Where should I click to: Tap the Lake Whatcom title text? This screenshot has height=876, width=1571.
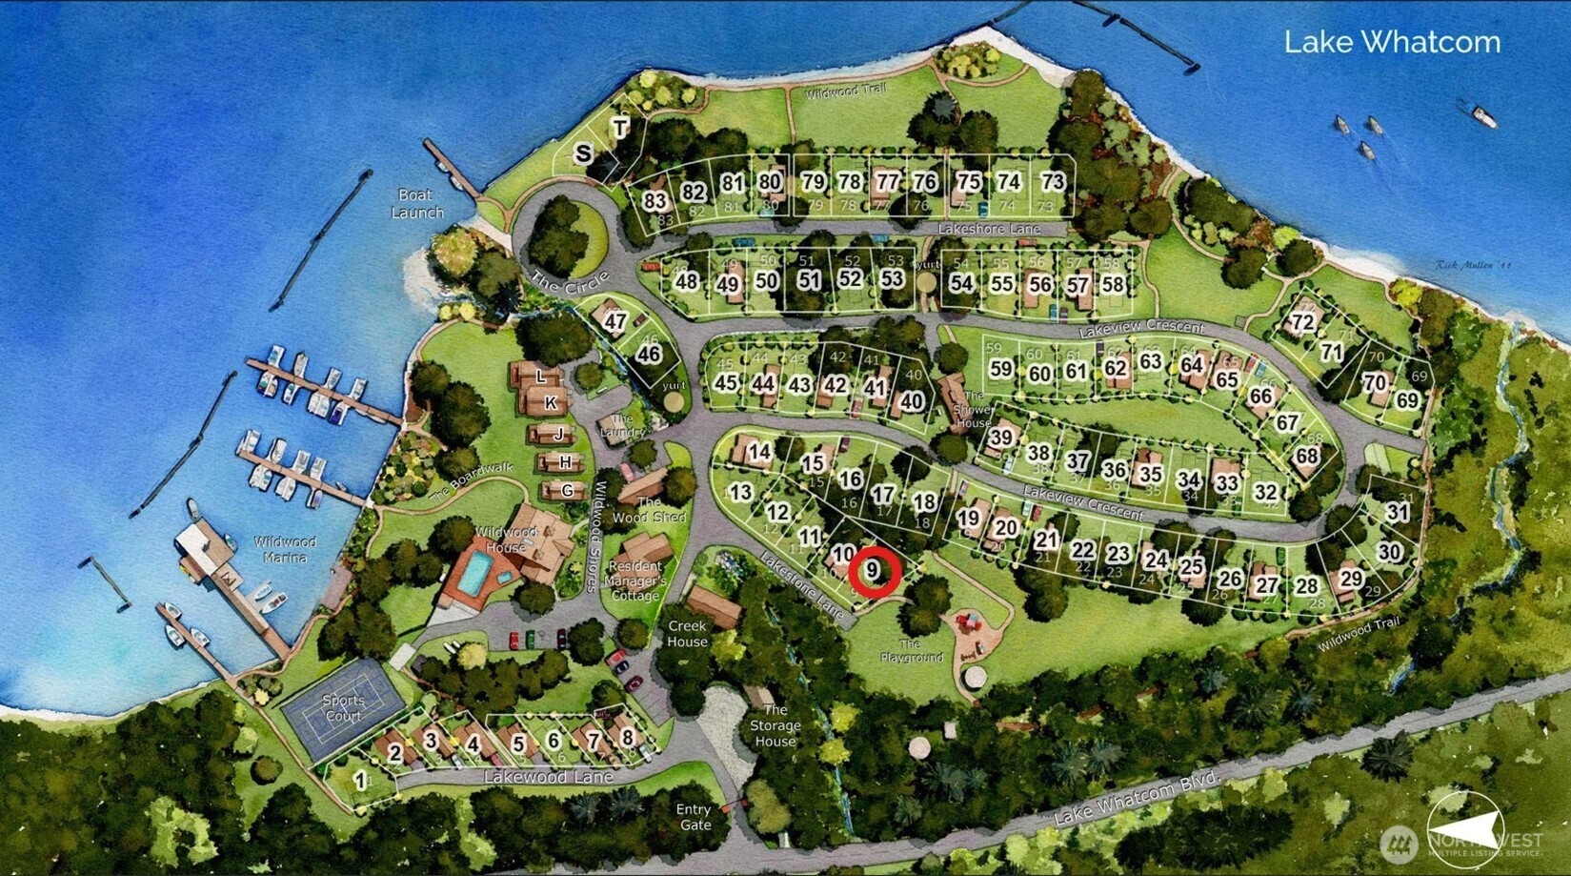tap(1392, 42)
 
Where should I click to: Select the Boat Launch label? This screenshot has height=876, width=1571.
tap(417, 203)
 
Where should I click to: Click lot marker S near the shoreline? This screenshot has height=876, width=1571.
tap(583, 153)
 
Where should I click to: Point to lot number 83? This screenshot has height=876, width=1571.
tap(655, 201)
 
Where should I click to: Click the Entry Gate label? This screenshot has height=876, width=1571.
tap(694, 817)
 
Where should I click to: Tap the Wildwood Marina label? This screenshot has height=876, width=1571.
tap(285, 549)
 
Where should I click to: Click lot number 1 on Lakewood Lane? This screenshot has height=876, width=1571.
tap(360, 781)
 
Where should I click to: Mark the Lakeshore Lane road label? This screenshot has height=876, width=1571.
tap(988, 229)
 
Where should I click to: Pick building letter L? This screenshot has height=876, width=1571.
tap(540, 377)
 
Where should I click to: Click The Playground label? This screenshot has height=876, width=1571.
tap(912, 650)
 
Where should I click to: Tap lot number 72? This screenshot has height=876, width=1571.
tap(1302, 322)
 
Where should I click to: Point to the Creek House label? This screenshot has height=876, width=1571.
tap(687, 634)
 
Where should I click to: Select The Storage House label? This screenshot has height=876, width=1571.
tap(775, 725)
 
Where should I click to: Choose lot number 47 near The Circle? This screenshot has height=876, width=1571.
tap(614, 322)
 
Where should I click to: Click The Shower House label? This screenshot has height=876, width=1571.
tap(973, 410)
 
